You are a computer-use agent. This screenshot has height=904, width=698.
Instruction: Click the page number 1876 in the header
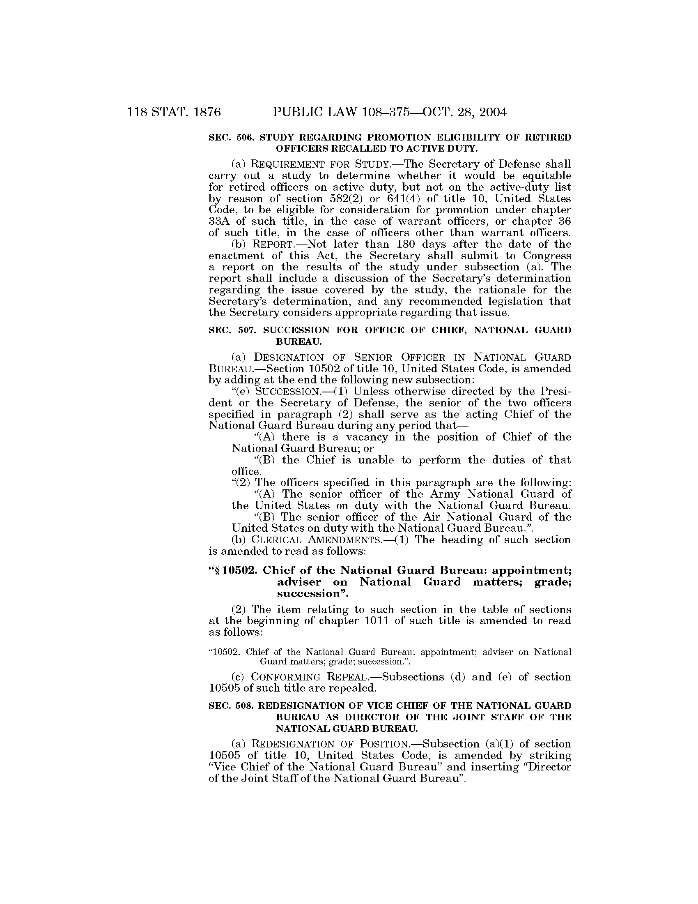[x=206, y=112]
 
